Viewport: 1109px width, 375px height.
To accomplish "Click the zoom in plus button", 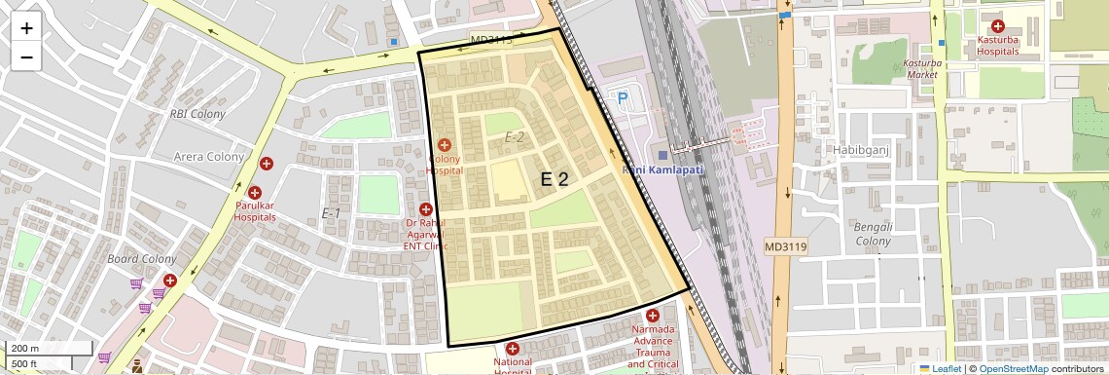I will tap(26, 28).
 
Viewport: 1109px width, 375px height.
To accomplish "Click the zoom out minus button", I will tap(26, 56).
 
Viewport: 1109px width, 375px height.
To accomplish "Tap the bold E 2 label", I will tap(554, 179).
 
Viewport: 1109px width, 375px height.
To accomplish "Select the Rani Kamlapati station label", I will tap(662, 169).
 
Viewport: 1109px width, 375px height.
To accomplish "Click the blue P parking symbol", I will tap(622, 97).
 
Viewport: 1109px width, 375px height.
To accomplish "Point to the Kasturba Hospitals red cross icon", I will tap(997, 27).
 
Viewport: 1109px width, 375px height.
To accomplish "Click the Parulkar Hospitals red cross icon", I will tap(255, 194).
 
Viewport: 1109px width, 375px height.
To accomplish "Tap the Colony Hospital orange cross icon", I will tap(444, 145).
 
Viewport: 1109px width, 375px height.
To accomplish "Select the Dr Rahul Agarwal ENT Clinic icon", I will tap(425, 209).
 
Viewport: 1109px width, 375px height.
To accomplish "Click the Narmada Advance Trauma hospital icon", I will tap(652, 316).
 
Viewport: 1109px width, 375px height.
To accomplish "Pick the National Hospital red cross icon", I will tap(512, 349).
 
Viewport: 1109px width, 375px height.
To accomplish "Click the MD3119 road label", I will tap(785, 246).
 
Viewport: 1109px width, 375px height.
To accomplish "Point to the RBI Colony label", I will tap(197, 114).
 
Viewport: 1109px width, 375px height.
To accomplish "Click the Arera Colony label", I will tap(209, 157).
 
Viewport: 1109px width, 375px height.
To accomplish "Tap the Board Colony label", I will tap(142, 259).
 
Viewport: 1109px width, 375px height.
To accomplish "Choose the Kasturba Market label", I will tap(920, 68).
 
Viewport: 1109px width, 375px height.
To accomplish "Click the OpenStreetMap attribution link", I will tap(1013, 368).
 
